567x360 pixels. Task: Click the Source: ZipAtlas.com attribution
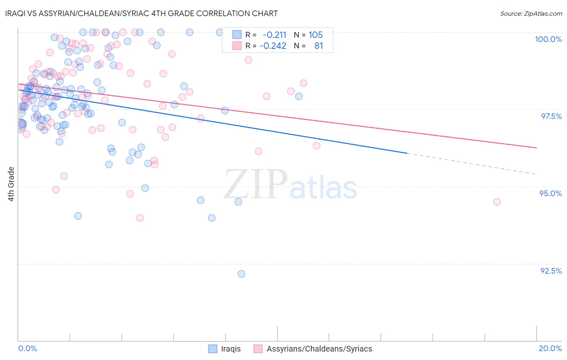click(x=531, y=13)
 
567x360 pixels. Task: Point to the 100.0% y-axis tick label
click(x=548, y=39)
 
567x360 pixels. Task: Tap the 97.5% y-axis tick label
click(x=551, y=116)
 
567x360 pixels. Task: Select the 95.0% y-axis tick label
click(x=550, y=193)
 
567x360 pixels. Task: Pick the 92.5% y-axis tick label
click(x=551, y=271)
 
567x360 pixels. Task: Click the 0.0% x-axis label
click(x=27, y=348)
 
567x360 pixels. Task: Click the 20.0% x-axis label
click(x=550, y=348)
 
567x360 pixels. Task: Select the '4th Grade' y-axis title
click(x=11, y=184)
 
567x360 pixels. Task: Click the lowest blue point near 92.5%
click(x=241, y=274)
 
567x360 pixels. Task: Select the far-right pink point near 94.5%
click(x=497, y=202)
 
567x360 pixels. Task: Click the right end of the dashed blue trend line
click(x=536, y=174)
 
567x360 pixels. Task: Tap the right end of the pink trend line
click(x=536, y=148)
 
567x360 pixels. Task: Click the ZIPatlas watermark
click(x=290, y=184)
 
